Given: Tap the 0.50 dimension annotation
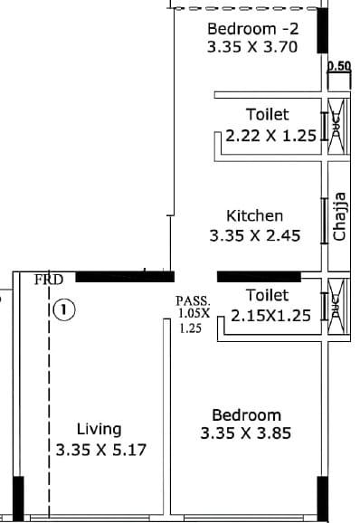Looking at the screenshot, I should [x=338, y=65].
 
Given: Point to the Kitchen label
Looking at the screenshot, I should [x=254, y=215].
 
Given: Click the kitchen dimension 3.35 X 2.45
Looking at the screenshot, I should [x=254, y=235].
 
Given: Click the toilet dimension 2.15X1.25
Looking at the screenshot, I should [x=270, y=316].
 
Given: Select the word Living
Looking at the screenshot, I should [x=99, y=429].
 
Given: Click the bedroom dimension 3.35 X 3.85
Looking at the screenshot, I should [x=246, y=433].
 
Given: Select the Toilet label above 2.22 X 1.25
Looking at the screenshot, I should [x=267, y=114].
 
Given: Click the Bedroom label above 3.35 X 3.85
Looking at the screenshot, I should [x=241, y=414].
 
